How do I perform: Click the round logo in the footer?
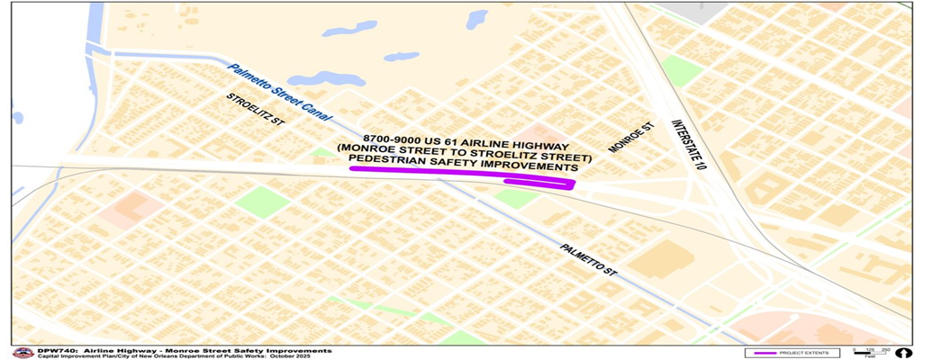click(20, 352)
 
